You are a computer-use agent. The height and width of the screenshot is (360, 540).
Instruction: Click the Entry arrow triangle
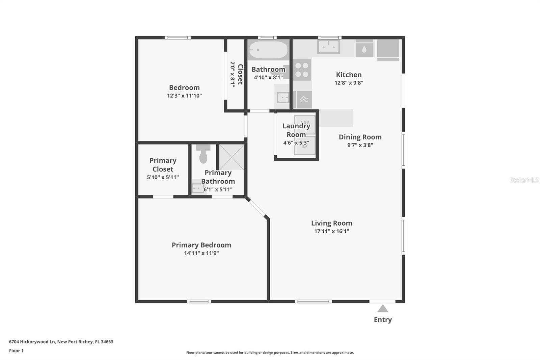click(382, 309)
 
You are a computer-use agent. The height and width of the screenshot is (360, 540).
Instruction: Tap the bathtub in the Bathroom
click(268, 50)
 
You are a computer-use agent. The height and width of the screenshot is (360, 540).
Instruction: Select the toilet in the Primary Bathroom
click(203, 155)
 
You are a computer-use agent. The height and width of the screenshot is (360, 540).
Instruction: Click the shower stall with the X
click(232, 157)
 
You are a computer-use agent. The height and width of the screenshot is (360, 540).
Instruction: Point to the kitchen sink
click(328, 47)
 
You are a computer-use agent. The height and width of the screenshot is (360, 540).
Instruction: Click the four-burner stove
click(302, 70)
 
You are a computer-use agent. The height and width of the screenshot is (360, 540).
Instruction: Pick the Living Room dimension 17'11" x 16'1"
click(331, 231)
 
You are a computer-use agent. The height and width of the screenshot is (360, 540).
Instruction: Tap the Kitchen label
click(349, 75)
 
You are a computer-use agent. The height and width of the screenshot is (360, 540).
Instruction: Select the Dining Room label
click(360, 137)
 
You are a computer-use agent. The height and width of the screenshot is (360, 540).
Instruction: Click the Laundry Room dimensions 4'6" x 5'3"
click(296, 143)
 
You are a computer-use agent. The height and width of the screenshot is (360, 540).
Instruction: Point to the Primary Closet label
click(163, 165)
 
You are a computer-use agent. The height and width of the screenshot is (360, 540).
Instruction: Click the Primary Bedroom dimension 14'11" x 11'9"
click(201, 253)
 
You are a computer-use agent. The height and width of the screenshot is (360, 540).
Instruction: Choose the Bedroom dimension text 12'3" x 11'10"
click(184, 96)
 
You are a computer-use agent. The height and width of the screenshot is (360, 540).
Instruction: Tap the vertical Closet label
click(240, 74)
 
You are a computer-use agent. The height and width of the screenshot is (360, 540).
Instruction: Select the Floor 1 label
click(16, 351)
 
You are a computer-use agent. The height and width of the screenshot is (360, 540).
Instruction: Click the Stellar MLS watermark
click(524, 180)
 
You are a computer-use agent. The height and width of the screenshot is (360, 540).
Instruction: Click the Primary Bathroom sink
click(197, 188)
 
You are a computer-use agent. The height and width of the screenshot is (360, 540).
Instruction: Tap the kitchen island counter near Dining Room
click(336, 118)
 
